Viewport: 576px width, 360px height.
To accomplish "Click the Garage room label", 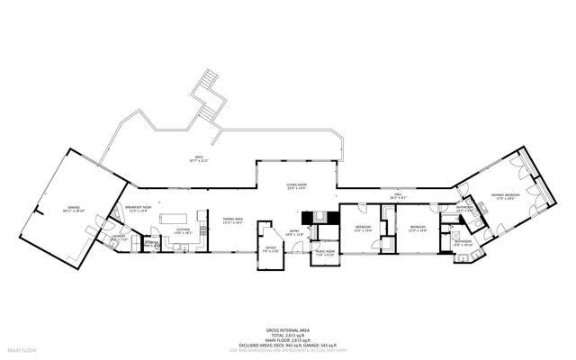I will (x=72, y=209).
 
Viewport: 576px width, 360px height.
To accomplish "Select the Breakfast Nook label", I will (x=138, y=209).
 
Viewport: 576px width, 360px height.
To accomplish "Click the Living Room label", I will (x=297, y=187).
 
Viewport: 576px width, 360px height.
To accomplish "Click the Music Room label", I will (x=324, y=253).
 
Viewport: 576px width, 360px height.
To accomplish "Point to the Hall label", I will (x=398, y=195).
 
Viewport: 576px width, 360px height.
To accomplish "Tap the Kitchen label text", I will (x=183, y=230).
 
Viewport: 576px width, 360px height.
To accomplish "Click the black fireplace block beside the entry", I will (x=316, y=215).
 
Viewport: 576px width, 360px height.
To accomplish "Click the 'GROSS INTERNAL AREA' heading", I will (x=287, y=330).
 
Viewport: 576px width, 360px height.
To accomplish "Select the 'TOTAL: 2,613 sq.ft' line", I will (x=287, y=335).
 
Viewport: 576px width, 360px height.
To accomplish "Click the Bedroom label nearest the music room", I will (x=363, y=227).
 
